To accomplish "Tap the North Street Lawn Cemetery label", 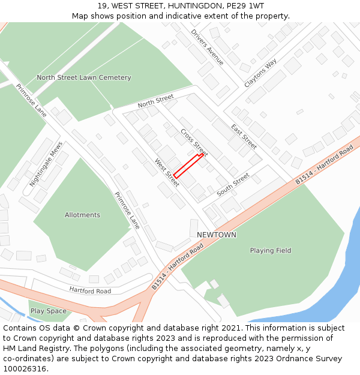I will [84, 77].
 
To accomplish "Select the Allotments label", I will [82, 215].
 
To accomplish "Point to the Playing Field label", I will [271, 250].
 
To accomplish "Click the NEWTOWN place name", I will [217, 235].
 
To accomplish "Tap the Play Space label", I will [48, 311].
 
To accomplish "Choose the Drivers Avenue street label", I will [208, 47].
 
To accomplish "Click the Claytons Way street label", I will [260, 73].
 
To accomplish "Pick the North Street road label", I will [155, 101].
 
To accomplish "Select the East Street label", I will [244, 136].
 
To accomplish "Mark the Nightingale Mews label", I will [46, 167].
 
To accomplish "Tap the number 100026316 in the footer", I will [25, 368].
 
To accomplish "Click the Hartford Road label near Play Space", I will [90, 291].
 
